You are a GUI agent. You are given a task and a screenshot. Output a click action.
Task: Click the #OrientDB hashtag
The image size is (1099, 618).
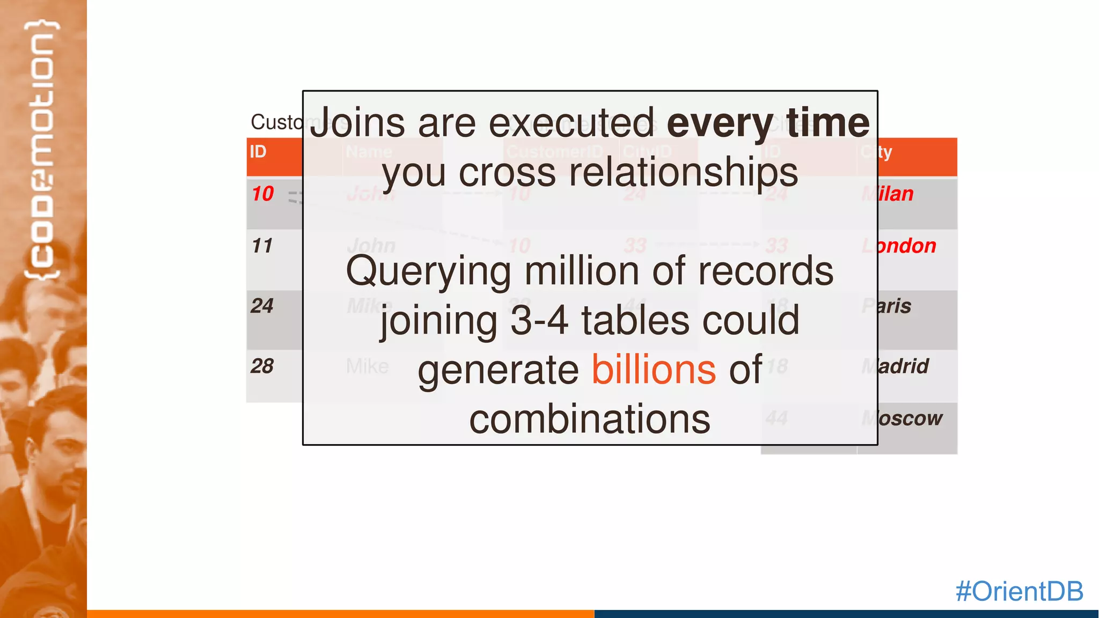coord(1019,591)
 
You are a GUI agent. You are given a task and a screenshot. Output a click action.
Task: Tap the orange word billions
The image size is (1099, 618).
coord(654,370)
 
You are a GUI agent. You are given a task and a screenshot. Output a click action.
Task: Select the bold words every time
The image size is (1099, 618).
coord(768,123)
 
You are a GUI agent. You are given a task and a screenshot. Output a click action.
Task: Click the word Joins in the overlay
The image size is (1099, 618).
coord(357,123)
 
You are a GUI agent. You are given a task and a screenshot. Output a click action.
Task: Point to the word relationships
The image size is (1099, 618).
coord(683,172)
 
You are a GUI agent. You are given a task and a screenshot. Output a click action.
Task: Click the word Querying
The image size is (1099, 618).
coord(428,271)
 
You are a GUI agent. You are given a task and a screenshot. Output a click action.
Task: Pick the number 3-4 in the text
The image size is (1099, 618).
coord(539,320)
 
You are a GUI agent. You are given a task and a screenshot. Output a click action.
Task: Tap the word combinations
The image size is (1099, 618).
coord(590,419)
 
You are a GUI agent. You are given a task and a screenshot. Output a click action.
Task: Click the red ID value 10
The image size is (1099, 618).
coord(263,194)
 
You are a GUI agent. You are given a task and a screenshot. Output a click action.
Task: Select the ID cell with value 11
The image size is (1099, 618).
coord(262,246)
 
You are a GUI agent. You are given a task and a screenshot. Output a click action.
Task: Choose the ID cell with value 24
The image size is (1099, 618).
coord(262,306)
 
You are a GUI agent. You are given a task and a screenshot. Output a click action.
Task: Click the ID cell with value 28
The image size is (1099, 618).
coord(262,366)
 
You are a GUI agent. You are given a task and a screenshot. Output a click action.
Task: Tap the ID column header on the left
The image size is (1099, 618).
coord(258,152)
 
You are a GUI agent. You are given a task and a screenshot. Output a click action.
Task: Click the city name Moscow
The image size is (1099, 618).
coord(909,418)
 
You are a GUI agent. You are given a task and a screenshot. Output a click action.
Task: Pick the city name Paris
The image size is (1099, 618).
coord(893,306)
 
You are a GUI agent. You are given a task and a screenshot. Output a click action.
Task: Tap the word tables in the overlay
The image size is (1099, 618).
coord(635,320)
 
